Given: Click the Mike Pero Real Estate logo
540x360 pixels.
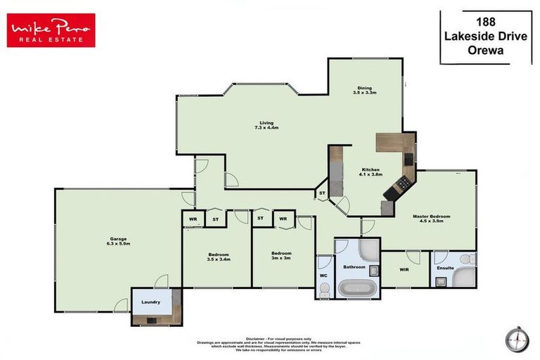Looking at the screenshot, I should coord(51,31).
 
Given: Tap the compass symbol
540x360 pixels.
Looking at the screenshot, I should coord(517,340).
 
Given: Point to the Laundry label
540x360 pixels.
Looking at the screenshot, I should coord(150,302).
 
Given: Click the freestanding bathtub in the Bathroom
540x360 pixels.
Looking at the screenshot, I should coord(358,288).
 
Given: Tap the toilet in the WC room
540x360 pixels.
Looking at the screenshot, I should coord(324,288).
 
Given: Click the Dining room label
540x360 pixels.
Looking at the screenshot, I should coord(364,87).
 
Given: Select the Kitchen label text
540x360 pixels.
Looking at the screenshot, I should coord(371,170).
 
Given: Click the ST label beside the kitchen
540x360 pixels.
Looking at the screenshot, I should coord(323,193).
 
